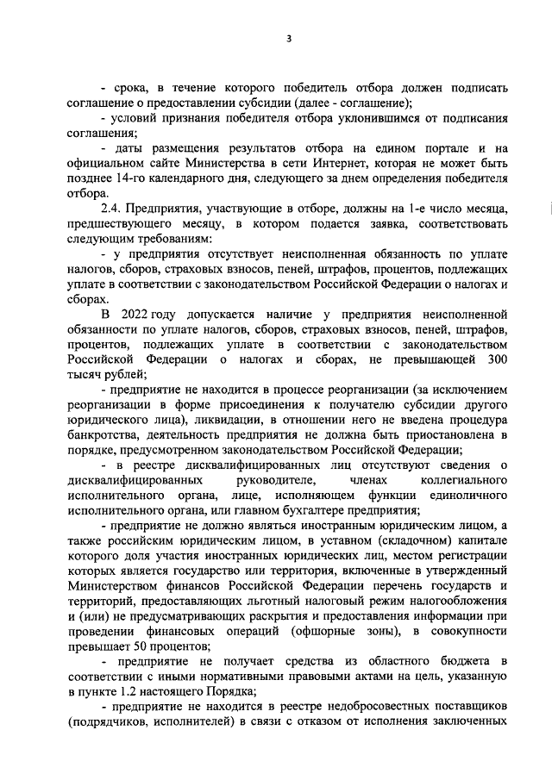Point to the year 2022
tap(139, 312)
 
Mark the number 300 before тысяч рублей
tap(497, 358)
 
